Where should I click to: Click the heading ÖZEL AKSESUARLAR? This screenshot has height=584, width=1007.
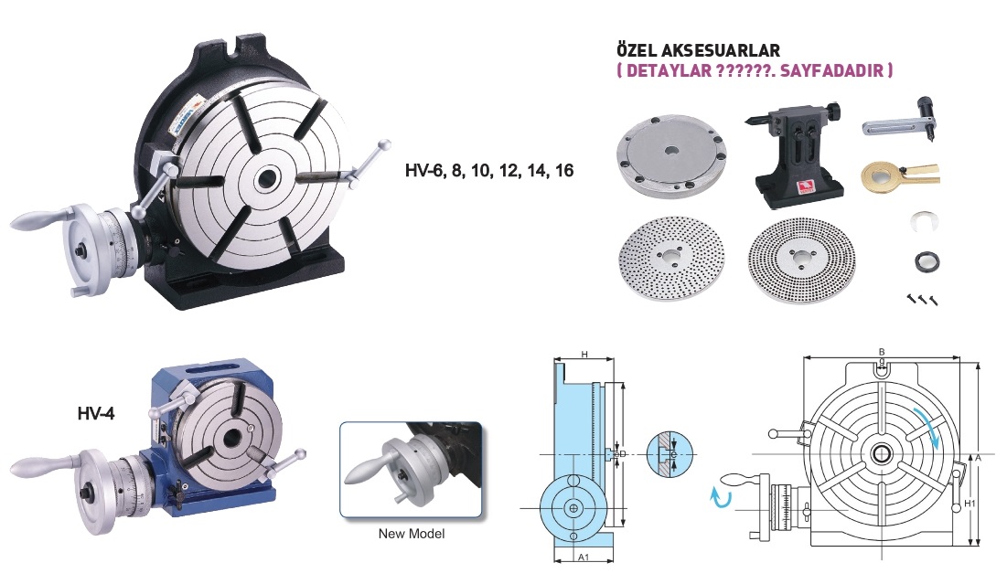[x=698, y=50]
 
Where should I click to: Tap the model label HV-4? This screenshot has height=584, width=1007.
[x=96, y=414]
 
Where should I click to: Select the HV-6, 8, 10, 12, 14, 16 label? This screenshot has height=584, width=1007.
[x=489, y=171]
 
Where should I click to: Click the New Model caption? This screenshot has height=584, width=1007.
[x=411, y=534]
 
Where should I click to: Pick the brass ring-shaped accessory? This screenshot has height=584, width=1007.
[x=899, y=174]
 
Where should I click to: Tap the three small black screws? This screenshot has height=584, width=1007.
[x=923, y=299]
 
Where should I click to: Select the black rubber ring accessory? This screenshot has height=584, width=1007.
[x=927, y=261]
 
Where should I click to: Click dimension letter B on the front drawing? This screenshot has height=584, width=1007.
[x=882, y=352]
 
